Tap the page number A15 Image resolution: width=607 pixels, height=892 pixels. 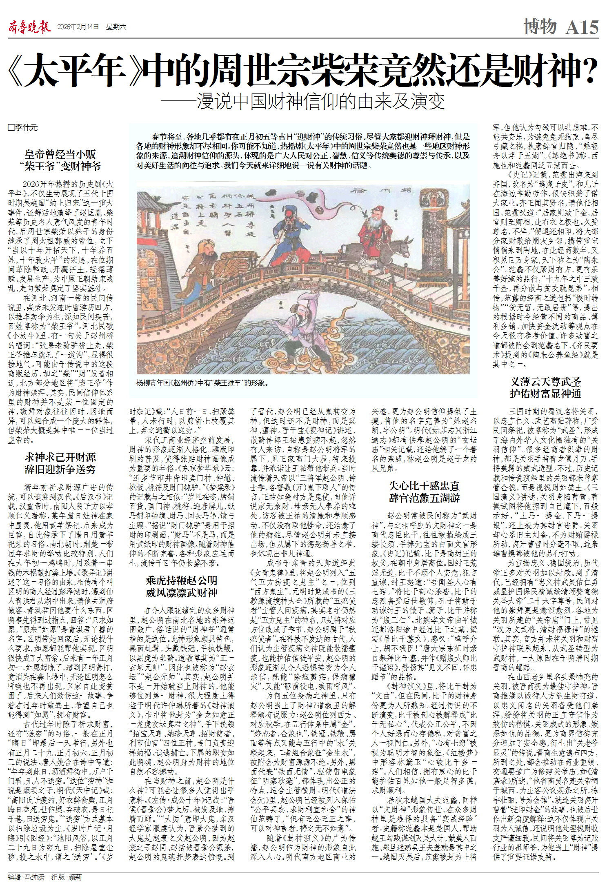[582, 27]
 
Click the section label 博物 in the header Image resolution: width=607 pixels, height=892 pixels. [540, 27]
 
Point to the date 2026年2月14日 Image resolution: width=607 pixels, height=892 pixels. [78, 27]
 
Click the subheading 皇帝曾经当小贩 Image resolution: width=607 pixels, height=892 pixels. [60, 154]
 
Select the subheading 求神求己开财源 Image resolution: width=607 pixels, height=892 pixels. [60, 457]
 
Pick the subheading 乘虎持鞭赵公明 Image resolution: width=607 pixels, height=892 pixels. [182, 581]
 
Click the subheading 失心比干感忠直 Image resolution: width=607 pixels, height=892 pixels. [424, 486]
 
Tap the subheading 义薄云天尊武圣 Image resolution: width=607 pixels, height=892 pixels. [545, 382]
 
